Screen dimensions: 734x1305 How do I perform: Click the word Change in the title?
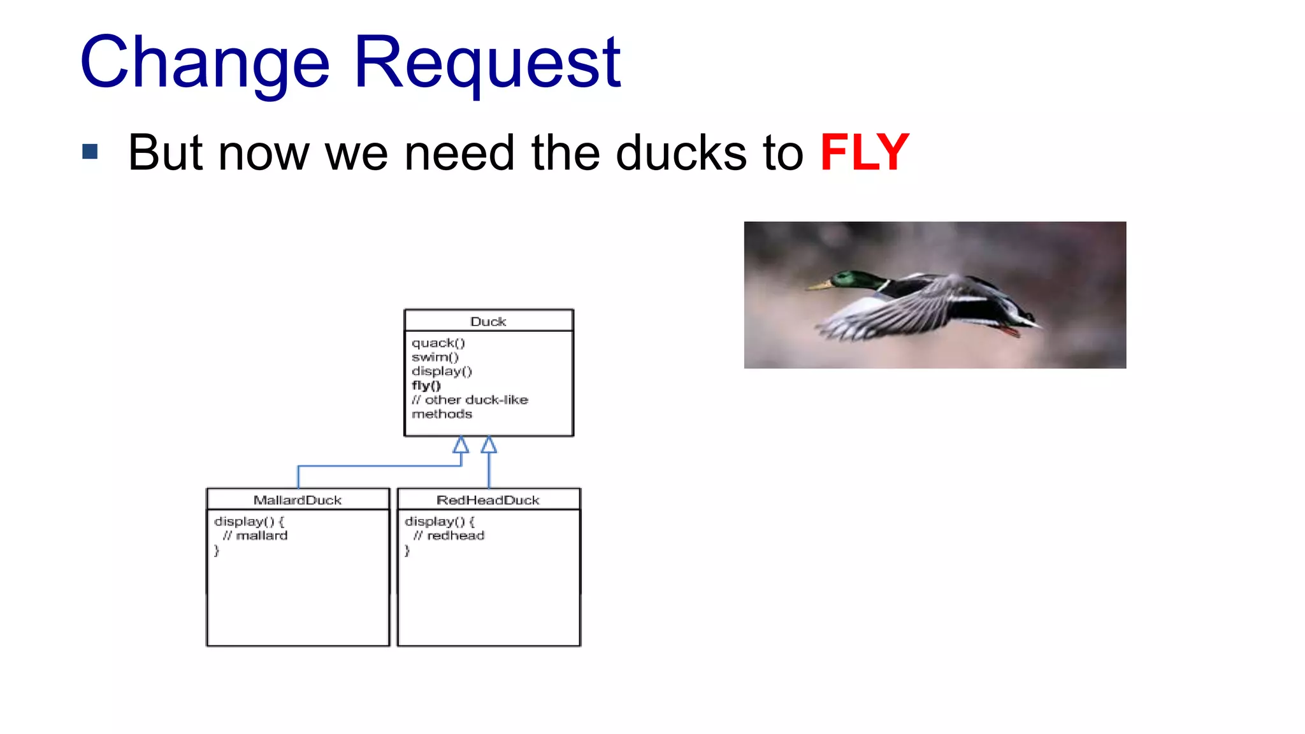[x=205, y=62]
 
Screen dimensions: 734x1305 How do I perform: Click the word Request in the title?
[x=487, y=62]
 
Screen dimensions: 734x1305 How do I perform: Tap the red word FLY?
[x=864, y=152]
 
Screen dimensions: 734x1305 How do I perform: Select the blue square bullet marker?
[x=90, y=152]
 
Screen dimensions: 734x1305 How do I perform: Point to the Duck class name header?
[x=488, y=321]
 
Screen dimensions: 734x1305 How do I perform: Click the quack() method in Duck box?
[x=438, y=343]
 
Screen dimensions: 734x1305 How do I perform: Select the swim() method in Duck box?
[x=435, y=357]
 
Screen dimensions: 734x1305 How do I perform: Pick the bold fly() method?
[x=426, y=385]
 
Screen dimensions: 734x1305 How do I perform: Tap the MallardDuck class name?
[x=298, y=500]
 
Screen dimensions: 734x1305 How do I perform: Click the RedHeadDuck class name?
[x=488, y=500]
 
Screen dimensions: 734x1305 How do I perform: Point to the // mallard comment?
[x=255, y=536]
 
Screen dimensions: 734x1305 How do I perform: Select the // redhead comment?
[x=449, y=536]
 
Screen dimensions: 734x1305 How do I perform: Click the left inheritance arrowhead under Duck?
[x=461, y=445]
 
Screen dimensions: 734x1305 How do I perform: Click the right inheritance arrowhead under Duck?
[x=489, y=445]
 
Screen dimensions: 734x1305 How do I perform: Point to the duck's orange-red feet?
[x=1009, y=330]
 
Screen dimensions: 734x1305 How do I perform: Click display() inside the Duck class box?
[x=442, y=371]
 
